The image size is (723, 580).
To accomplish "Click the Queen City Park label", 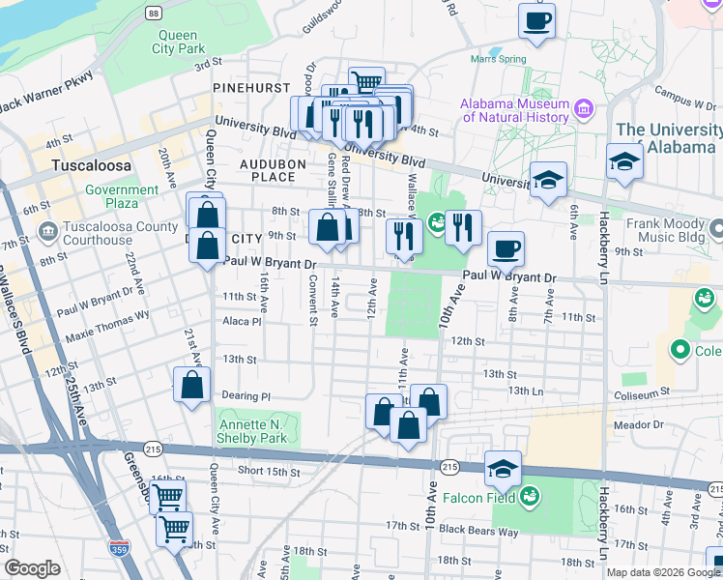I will click(x=180, y=41).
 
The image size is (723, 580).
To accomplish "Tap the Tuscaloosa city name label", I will click(x=92, y=164).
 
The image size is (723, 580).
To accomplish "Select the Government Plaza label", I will click(x=122, y=197).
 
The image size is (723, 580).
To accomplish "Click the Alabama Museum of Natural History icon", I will click(x=583, y=109).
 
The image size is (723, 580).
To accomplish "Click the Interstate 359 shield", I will click(x=119, y=547).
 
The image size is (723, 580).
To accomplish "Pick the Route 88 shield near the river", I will click(x=154, y=13).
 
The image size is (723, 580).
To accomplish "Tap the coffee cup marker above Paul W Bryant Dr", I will click(x=506, y=249).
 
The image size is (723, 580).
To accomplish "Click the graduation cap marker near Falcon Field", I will click(x=504, y=469).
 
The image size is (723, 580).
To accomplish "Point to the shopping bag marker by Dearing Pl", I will click(x=192, y=385).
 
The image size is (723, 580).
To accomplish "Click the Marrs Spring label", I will click(x=498, y=58).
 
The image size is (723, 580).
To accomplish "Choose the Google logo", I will click(x=32, y=568).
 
